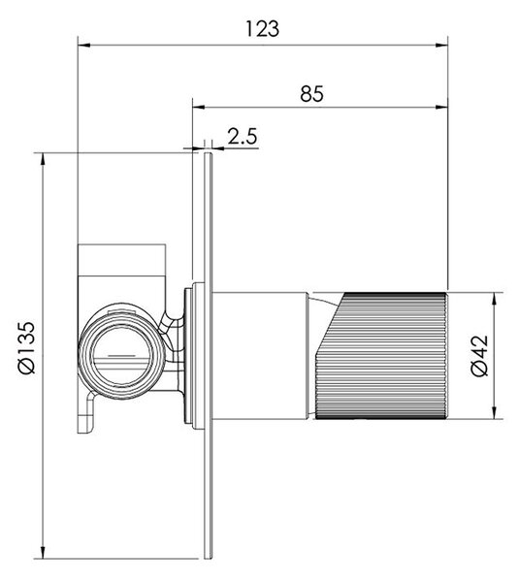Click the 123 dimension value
[x=262, y=29]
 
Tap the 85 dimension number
[x=311, y=94]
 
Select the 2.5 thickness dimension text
[x=243, y=136]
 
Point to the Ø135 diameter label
[x=27, y=347]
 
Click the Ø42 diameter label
[x=479, y=356]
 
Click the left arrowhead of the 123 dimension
[x=83, y=46]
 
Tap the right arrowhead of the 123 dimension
[x=441, y=46]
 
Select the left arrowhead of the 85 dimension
[x=199, y=108]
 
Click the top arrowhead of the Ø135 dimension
[x=43, y=159]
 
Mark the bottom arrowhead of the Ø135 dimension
[x=43, y=552]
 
